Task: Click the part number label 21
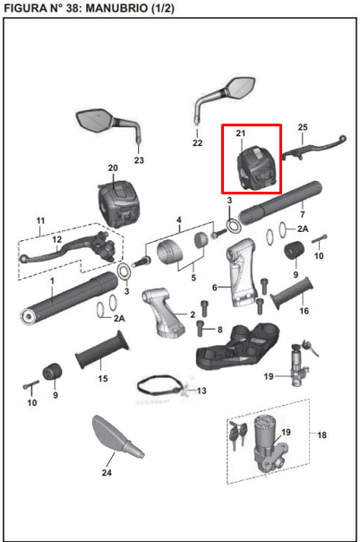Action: (241, 133)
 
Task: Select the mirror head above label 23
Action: (95, 120)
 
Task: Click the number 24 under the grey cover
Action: (107, 472)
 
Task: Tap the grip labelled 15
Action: (103, 349)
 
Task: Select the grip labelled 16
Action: (292, 293)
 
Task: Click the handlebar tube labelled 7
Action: (280, 202)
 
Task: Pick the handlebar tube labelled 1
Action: (69, 298)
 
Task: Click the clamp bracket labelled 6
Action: (243, 272)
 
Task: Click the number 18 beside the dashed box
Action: (321, 434)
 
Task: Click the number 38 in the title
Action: (72, 8)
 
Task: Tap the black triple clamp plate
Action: (237, 346)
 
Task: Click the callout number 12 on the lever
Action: (56, 239)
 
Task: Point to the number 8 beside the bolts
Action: (219, 330)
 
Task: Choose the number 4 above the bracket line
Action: (178, 219)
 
